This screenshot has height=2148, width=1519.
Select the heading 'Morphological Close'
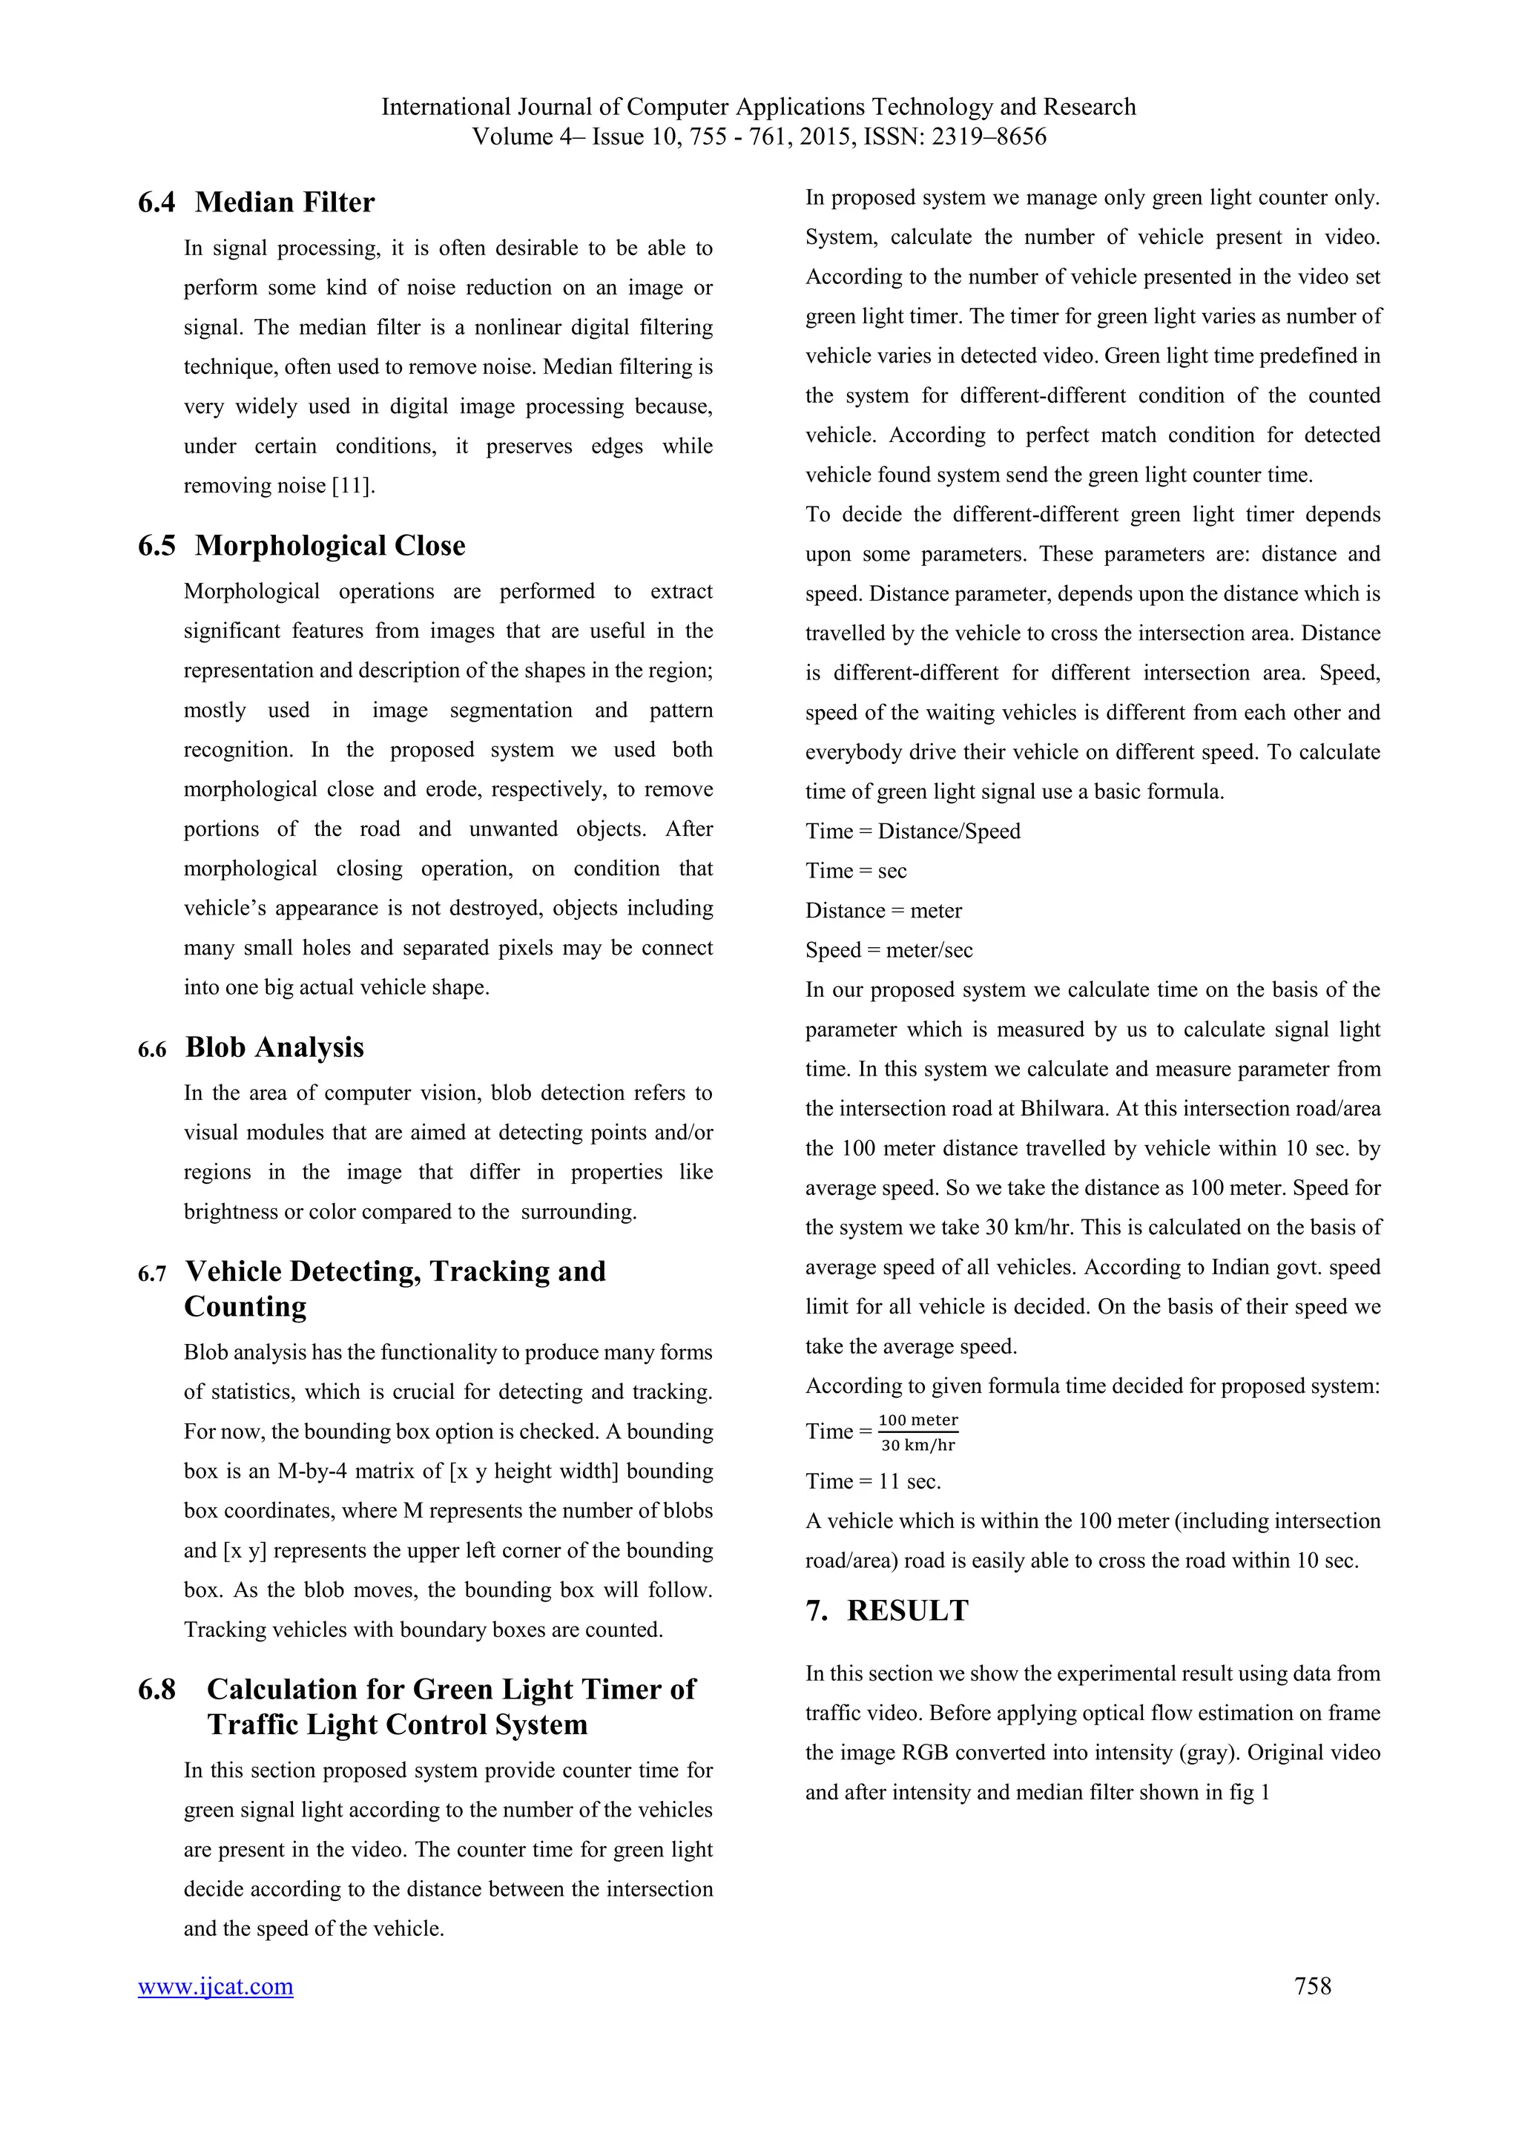(x=329, y=545)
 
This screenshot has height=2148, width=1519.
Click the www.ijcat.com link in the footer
(x=215, y=1986)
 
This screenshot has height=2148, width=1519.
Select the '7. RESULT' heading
(x=887, y=1610)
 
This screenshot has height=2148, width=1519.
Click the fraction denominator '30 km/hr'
(x=917, y=1446)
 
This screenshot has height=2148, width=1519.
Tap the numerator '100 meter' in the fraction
(x=917, y=1420)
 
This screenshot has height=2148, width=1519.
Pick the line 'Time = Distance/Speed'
(x=912, y=831)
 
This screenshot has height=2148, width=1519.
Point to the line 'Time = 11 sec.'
(x=873, y=1481)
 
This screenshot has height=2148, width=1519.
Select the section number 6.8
(x=156, y=1689)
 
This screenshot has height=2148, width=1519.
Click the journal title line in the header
(x=759, y=107)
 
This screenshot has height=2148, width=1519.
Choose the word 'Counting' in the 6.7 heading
(x=245, y=1306)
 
